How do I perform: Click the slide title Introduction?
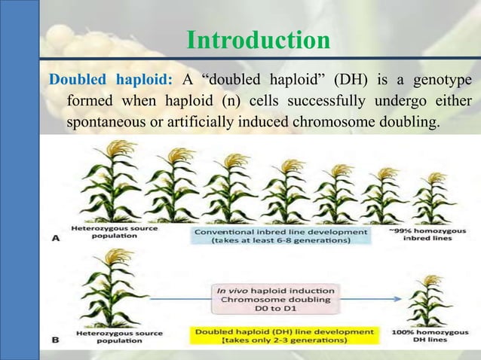coord(248,39)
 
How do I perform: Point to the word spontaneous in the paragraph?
coord(104,121)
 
